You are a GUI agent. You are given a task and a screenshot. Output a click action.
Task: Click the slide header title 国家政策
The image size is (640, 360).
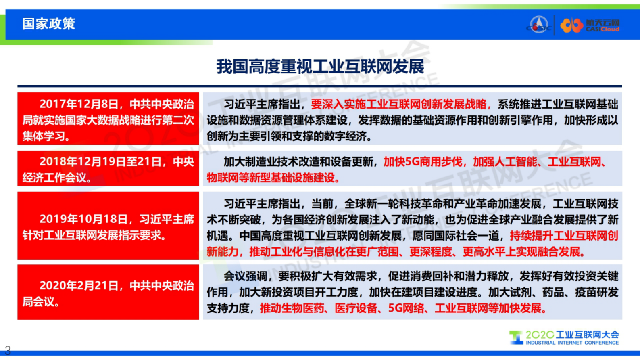pyautogui.click(x=48, y=24)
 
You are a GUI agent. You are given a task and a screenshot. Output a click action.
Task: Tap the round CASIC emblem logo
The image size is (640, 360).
pyautogui.click(x=539, y=25)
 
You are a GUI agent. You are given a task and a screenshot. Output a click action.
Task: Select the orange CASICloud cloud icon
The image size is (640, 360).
pyautogui.click(x=571, y=25)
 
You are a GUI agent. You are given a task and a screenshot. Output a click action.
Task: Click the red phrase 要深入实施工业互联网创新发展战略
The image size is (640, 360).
pyautogui.click(x=399, y=105)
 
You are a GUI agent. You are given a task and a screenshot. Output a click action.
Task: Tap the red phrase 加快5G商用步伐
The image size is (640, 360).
pyautogui.click(x=423, y=162)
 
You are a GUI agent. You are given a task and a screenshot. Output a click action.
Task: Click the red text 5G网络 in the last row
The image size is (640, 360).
pyautogui.click(x=406, y=308)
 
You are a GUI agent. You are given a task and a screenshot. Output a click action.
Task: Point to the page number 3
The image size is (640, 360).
pyautogui.click(x=8, y=350)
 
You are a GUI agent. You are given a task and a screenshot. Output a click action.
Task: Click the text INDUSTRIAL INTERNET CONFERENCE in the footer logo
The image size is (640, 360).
pyautogui.click(x=572, y=343)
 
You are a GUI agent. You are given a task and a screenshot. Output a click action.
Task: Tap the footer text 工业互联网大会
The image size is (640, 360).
pyautogui.click(x=587, y=335)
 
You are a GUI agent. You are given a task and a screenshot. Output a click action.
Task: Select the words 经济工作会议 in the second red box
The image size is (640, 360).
pyautogui.click(x=55, y=178)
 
